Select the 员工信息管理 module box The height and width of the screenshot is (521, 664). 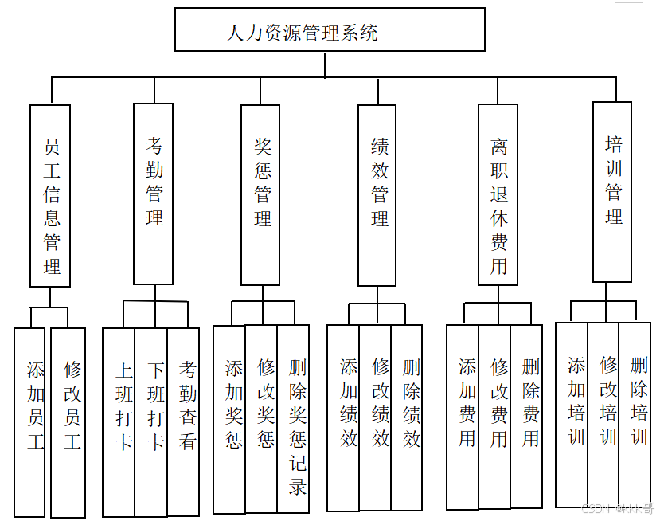coord(50,196)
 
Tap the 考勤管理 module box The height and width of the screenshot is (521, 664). coord(153,194)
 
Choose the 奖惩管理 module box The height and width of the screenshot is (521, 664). coord(260,194)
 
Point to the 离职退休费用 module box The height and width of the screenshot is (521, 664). coord(498,194)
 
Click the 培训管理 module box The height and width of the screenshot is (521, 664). coord(612,191)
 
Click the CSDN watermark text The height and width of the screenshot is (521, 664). coord(618,507)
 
